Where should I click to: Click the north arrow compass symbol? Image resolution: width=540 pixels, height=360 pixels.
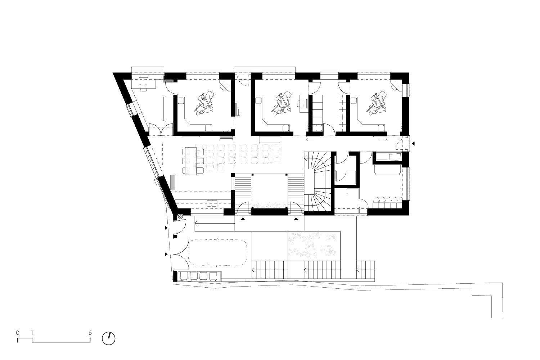[109, 338]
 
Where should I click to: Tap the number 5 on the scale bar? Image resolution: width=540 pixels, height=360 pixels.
[90, 333]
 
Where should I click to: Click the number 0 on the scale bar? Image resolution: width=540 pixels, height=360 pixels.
[18, 333]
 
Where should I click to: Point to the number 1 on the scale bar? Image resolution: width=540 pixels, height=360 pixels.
[32, 333]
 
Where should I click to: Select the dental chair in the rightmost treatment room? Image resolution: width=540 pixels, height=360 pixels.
[377, 103]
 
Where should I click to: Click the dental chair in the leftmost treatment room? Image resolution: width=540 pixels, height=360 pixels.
[204, 103]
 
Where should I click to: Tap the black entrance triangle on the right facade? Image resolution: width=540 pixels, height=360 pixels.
[413, 144]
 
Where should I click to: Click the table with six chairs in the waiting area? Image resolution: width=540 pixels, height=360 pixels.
[193, 161]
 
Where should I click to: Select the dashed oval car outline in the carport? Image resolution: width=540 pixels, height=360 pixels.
[217, 252]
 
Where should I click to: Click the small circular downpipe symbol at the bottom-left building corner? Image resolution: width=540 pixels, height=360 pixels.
[180, 217]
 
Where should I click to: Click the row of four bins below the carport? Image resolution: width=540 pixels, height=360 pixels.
[199, 276]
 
